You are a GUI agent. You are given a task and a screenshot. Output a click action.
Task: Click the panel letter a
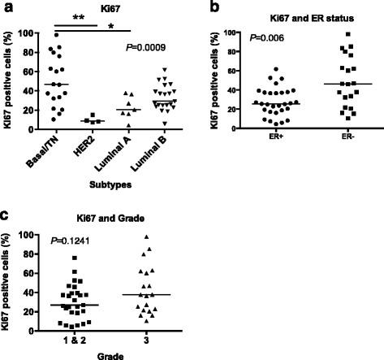[6, 7]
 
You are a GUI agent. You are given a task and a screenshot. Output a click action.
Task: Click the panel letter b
[215, 7]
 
